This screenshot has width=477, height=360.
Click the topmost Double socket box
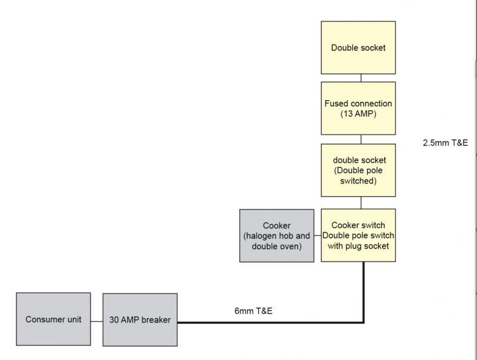(x=358, y=48)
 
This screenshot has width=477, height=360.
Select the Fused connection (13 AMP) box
(x=358, y=108)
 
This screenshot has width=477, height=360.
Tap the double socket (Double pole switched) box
(x=358, y=170)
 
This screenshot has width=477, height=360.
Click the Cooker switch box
(x=358, y=235)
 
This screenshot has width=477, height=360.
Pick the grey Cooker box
(x=277, y=235)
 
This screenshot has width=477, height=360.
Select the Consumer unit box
(x=54, y=319)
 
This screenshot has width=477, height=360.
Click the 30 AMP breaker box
(x=140, y=319)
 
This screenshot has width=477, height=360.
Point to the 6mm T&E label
(x=254, y=311)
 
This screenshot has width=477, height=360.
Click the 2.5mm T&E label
(x=445, y=143)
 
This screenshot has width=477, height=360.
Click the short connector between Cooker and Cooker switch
(x=318, y=235)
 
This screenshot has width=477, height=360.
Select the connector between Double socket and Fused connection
(x=360, y=78)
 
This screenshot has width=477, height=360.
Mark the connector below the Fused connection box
(x=360, y=139)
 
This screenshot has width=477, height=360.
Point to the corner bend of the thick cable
(x=364, y=322)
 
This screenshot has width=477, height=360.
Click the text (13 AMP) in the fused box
(x=358, y=113)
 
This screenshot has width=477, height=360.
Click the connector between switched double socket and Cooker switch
(x=360, y=203)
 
